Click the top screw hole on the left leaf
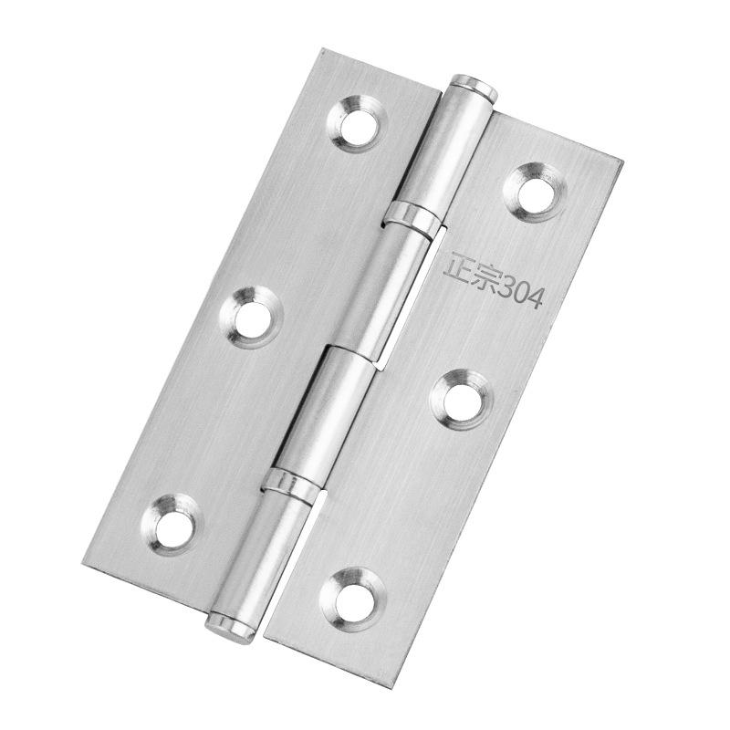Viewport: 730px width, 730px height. tap(356, 124)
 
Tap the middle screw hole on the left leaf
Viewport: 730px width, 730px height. tap(252, 318)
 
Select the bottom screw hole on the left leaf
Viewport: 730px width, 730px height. tap(172, 525)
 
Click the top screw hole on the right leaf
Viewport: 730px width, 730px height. tap(536, 192)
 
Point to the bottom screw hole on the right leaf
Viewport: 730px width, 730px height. tap(353, 598)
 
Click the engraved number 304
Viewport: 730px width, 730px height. tap(520, 293)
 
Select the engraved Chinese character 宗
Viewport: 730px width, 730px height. tap(485, 278)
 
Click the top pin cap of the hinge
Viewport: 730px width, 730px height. tap(474, 87)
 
